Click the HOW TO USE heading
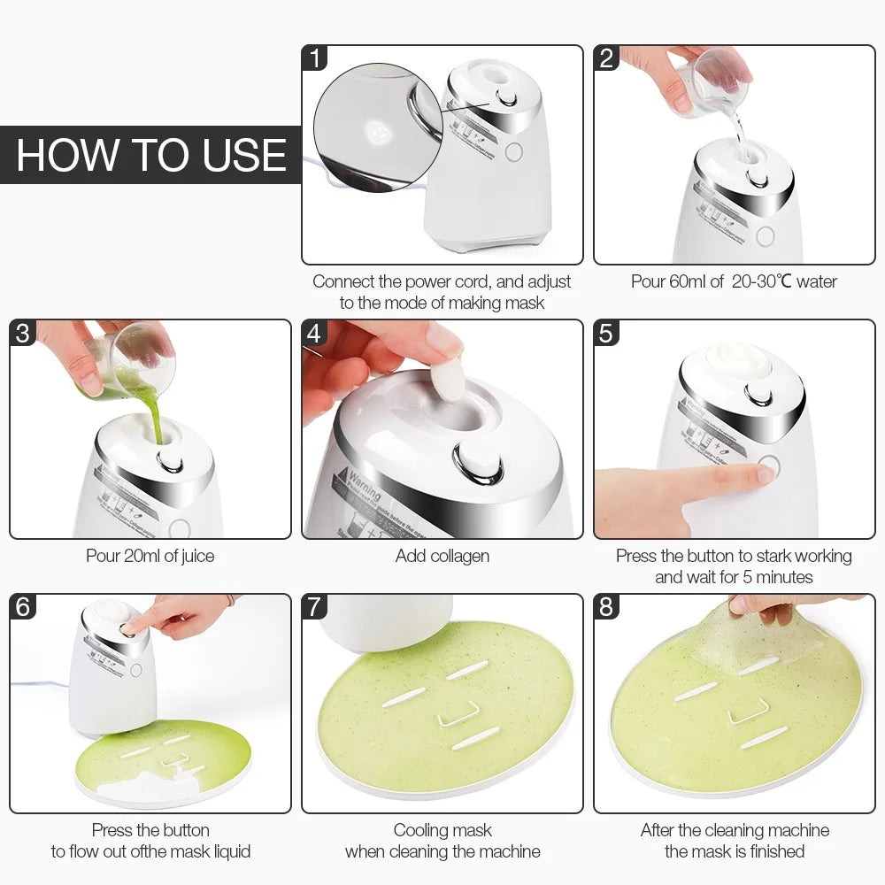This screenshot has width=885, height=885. pyautogui.click(x=151, y=155)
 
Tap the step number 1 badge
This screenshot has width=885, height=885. pyautogui.click(x=314, y=58)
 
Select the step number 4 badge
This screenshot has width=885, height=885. pyautogui.click(x=314, y=334)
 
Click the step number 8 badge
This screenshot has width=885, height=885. pyautogui.click(x=606, y=607)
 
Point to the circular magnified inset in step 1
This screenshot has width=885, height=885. pyautogui.click(x=376, y=127)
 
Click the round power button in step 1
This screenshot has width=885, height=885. pyautogui.click(x=513, y=151)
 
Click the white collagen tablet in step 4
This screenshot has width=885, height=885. pyautogui.click(x=448, y=381)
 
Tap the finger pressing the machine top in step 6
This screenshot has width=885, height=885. pyautogui.click(x=133, y=627)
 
